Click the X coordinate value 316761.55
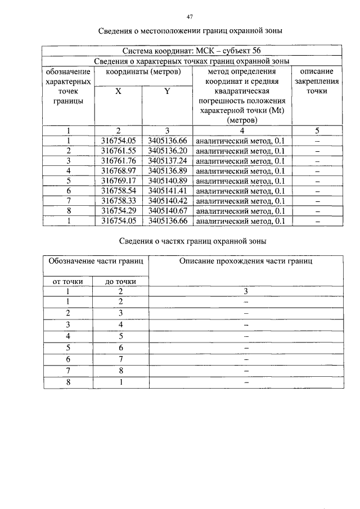coord(119,151)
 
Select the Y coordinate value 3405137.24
coord(167,160)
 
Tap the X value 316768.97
coord(119,170)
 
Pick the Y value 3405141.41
coord(167,191)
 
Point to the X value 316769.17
coord(119,181)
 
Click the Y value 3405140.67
coord(167,211)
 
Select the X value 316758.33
coord(119,201)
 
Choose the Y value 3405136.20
coord(167,151)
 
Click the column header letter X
coord(118,92)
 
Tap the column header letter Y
coord(167,92)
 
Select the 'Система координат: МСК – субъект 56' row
coord(191,51)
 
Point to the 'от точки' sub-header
coord(67,281)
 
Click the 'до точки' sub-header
coord(120,281)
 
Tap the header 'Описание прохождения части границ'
coord(246,261)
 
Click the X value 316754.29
coord(119,211)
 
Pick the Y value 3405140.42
coord(167,201)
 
